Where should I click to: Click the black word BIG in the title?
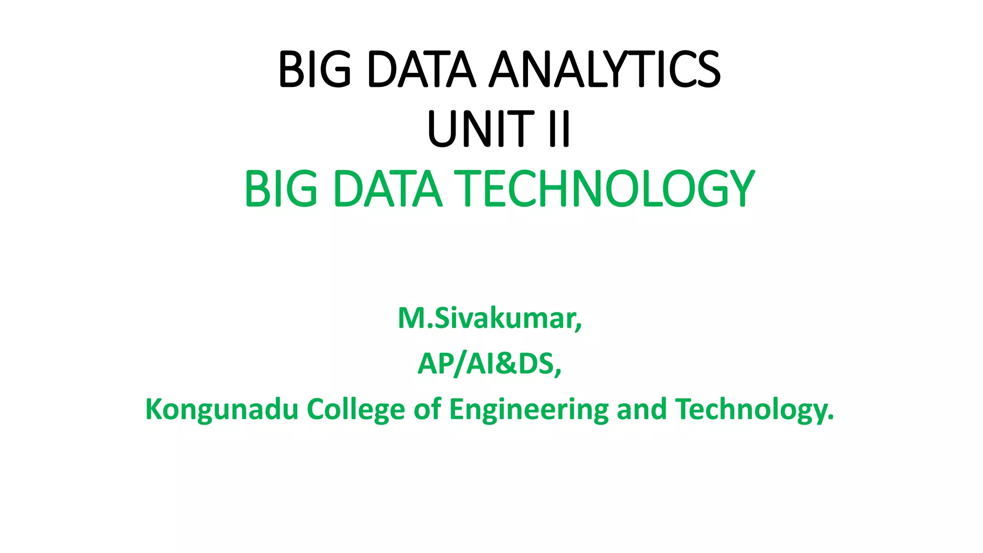(315, 70)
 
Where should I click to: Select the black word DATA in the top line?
(421, 70)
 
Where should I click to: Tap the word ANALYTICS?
(604, 70)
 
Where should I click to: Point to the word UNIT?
(480, 129)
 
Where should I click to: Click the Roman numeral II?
(559, 129)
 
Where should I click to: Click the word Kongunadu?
(222, 409)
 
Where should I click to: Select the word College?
(356, 409)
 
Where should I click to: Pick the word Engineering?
(528, 409)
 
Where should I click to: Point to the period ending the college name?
(831, 419)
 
